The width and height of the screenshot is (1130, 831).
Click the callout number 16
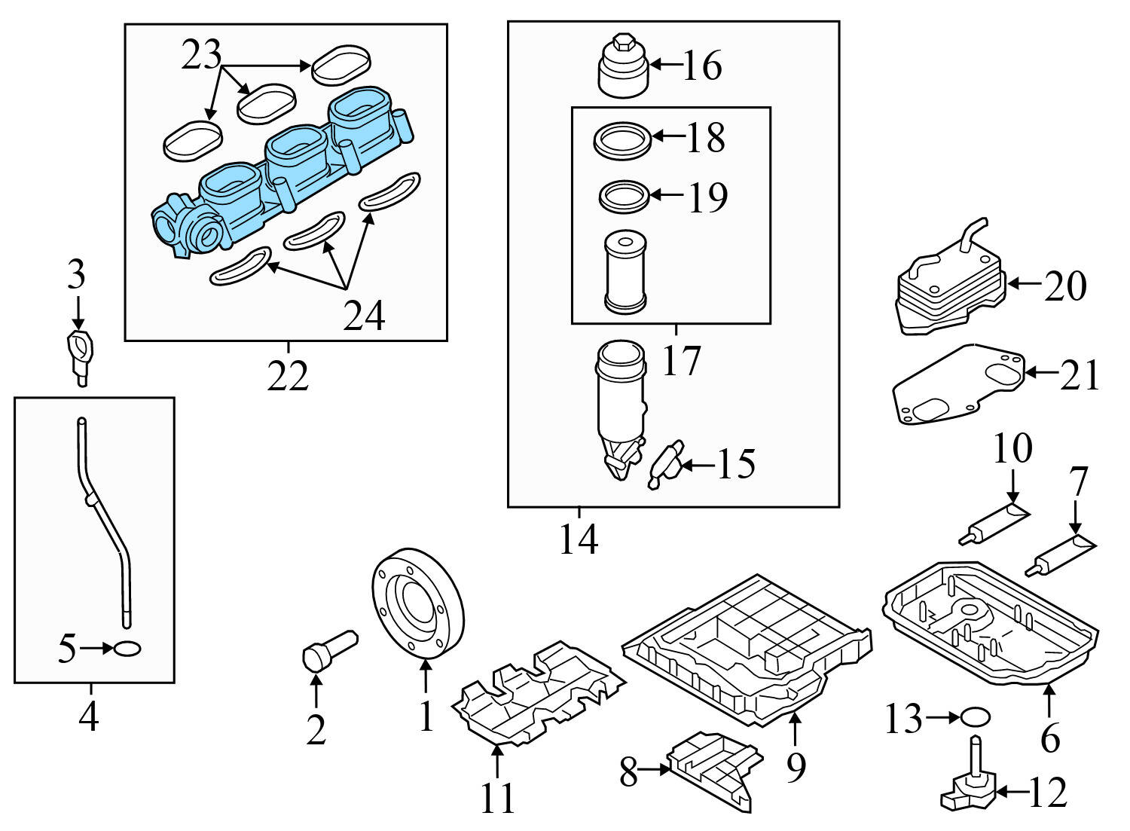[x=702, y=66]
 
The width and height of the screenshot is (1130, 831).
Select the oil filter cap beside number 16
[x=622, y=68]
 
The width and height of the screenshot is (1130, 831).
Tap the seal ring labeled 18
[x=622, y=140]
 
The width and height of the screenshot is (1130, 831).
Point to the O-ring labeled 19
[x=624, y=197]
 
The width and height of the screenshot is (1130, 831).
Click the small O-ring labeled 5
[x=127, y=648]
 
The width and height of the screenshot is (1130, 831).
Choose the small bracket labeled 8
[x=712, y=768]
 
